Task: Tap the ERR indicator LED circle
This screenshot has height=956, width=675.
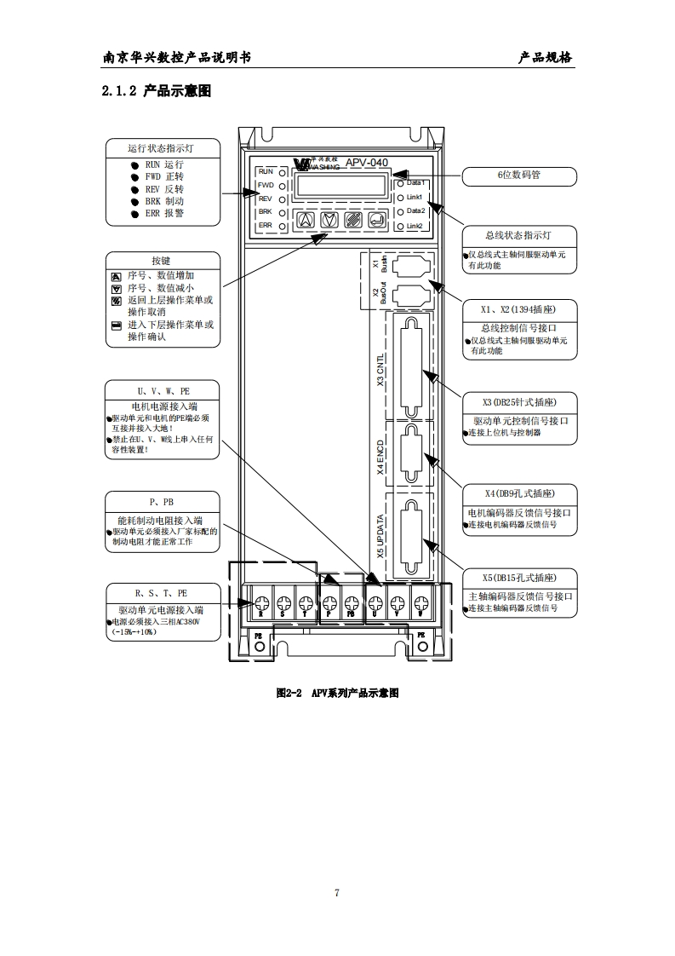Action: tap(281, 226)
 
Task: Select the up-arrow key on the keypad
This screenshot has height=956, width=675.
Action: tap(304, 220)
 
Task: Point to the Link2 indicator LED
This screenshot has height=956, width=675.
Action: tap(400, 226)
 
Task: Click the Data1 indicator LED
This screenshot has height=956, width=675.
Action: tap(400, 183)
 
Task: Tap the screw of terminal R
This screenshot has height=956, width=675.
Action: tap(262, 605)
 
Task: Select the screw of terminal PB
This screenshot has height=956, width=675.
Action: tap(351, 605)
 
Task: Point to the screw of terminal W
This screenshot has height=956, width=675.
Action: tap(419, 605)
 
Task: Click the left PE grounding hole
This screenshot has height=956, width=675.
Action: tap(260, 649)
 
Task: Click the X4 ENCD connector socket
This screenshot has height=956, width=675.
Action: tap(410, 455)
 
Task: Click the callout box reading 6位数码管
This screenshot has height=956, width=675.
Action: tap(518, 176)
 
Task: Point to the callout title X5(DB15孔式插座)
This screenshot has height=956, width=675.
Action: tap(518, 577)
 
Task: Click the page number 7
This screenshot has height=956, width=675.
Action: tap(337, 893)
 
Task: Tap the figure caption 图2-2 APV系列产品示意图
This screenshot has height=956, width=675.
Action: tap(337, 694)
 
